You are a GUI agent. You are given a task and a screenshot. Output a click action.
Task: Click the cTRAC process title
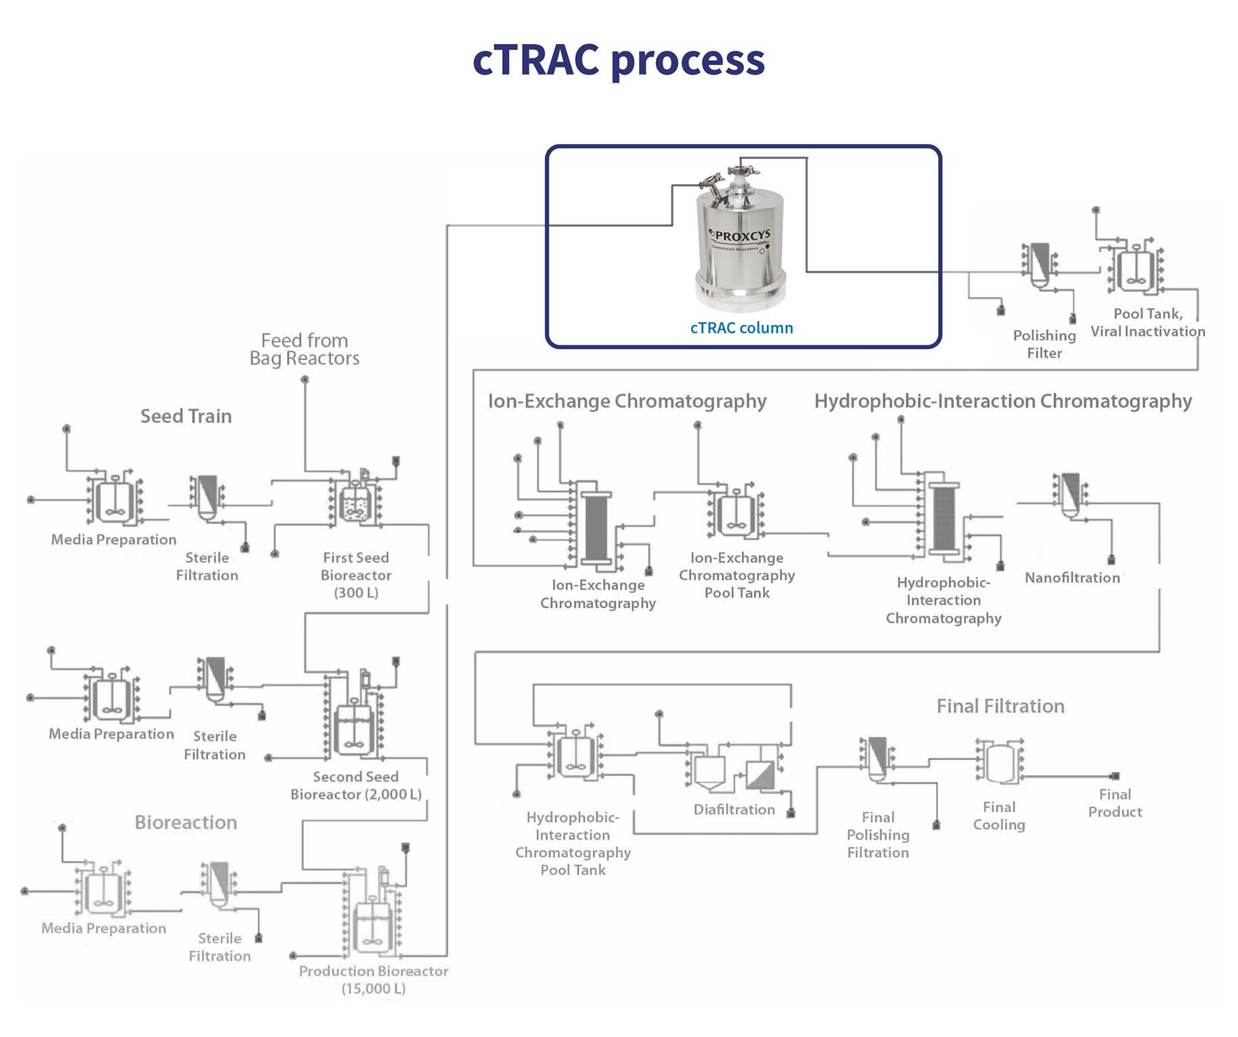pos(618,60)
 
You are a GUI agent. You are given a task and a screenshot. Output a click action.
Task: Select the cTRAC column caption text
pos(741,328)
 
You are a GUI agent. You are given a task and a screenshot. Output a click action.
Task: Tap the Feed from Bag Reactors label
pos(304,349)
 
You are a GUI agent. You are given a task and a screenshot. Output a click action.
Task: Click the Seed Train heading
pos(185,416)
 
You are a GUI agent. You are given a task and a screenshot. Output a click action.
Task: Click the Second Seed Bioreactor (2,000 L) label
pos(355,785)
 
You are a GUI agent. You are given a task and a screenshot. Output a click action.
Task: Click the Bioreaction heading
pos(185,822)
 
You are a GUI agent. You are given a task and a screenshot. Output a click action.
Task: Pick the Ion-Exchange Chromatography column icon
pos(596,527)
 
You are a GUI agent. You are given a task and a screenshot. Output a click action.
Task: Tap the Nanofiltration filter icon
pos(1070,493)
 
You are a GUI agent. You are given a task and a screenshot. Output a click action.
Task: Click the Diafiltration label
pos(734,809)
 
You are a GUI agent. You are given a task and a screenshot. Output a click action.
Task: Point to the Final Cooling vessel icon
pos(999,762)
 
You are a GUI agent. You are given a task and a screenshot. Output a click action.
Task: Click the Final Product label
pos(1114,803)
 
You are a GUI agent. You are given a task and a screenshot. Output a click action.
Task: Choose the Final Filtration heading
pos(1000,706)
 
